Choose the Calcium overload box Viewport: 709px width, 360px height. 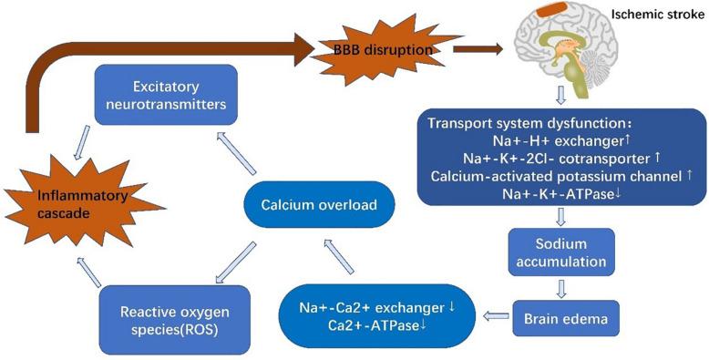point(312,204)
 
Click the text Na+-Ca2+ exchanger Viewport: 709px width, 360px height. point(370,303)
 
